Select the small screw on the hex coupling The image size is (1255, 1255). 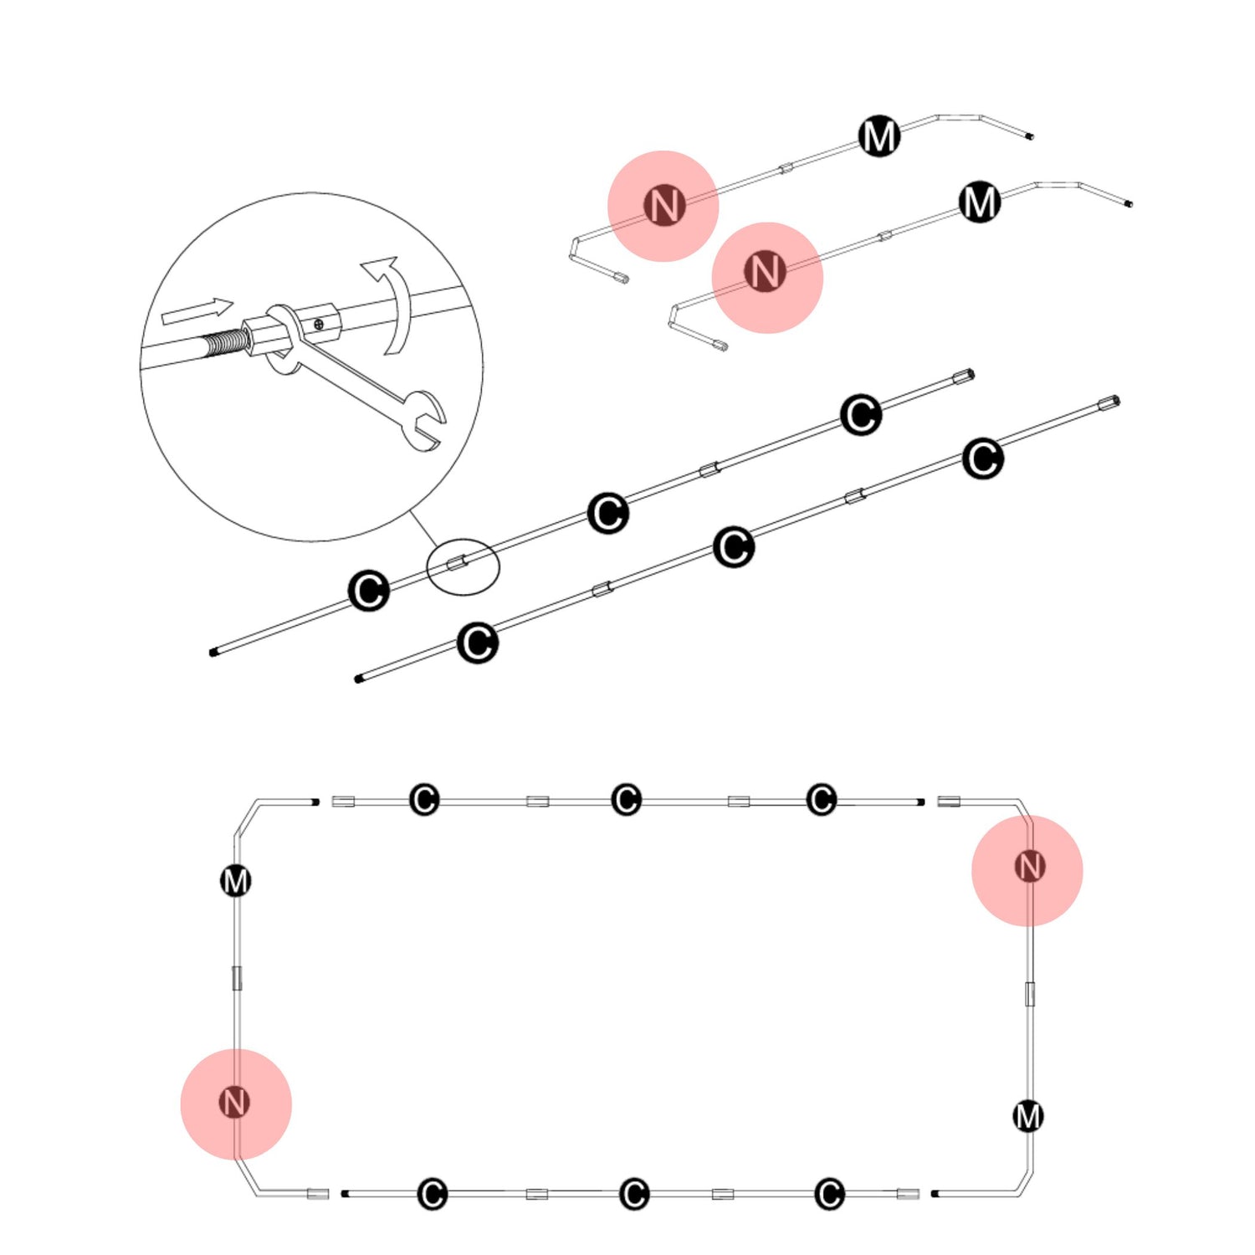point(319,323)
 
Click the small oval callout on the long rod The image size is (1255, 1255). point(463,566)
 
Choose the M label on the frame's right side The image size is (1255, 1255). point(1028,1116)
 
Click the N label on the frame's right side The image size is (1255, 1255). point(1029,867)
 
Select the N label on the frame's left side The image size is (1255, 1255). point(234,1102)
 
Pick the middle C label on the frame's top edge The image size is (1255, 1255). point(626,800)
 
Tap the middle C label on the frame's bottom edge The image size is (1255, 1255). point(633,1194)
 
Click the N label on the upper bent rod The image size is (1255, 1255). point(664,205)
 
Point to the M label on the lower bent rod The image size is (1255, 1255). point(980,202)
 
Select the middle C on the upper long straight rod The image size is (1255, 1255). point(608,513)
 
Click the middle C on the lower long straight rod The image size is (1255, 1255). point(734,547)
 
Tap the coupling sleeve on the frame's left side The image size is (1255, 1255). point(237,977)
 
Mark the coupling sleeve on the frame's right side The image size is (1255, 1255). point(1030,994)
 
